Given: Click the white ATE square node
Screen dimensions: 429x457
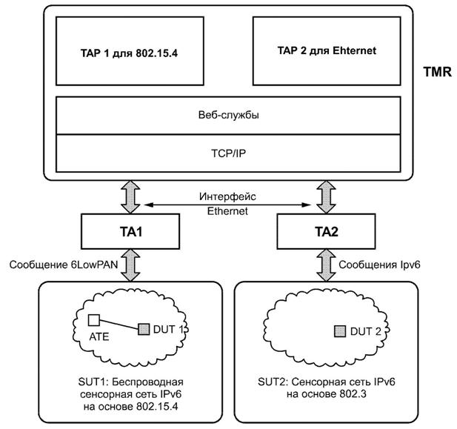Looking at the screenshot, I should tap(94, 320).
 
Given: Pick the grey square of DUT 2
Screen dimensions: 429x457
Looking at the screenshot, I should tap(340, 330).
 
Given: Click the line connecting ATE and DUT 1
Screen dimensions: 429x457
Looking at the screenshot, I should tap(119, 325).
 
